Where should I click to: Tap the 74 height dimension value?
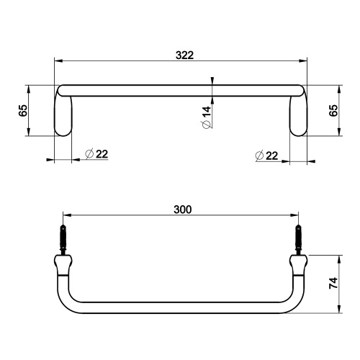[333, 284]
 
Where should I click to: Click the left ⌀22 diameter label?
[96, 154]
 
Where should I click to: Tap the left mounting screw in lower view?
[63, 238]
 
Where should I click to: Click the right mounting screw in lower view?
[298, 238]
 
